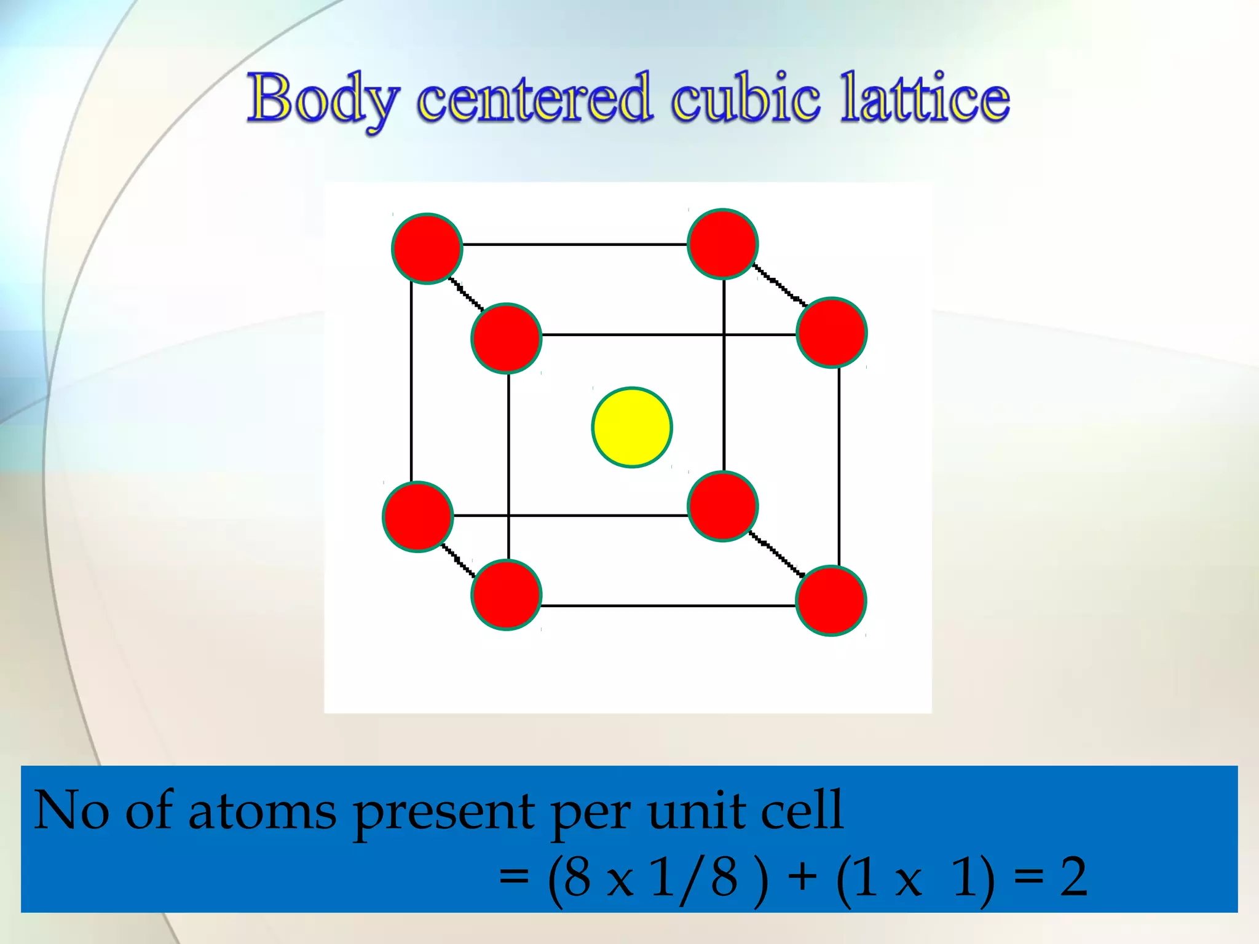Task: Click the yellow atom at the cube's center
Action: pos(632,428)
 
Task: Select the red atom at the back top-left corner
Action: pos(427,248)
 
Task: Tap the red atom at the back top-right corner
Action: pos(723,244)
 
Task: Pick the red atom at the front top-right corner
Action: pos(831,332)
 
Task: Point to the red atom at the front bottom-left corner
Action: pos(506,595)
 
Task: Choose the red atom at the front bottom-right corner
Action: pos(831,600)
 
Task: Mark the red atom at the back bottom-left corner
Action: pos(418,517)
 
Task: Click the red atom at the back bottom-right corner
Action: pos(723,506)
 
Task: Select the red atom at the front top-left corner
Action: pos(506,338)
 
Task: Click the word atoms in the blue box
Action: pos(262,811)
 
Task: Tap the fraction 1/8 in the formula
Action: pos(693,878)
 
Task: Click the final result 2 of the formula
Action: pos(1073,878)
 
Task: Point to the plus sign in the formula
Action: pos(802,878)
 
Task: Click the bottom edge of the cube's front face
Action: pos(668,606)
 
